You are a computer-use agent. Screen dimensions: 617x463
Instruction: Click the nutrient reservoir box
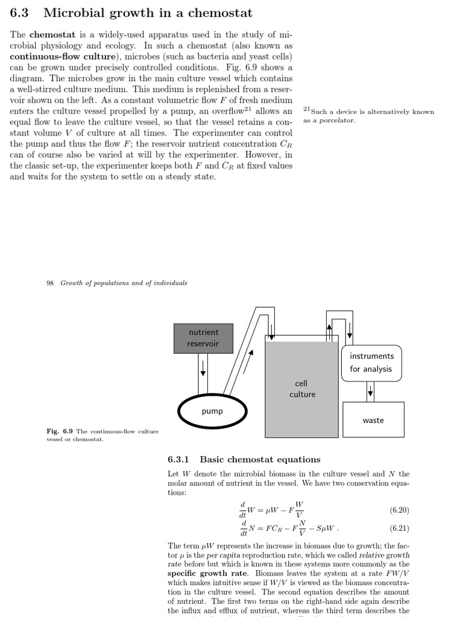[203, 338]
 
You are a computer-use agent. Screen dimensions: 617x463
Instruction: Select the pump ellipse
[212, 411]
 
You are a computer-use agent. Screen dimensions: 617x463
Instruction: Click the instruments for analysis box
[371, 362]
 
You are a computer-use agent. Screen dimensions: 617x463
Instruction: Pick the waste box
[373, 420]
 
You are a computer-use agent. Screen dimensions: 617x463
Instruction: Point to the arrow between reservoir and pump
[203, 367]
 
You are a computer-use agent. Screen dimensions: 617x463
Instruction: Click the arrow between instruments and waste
[370, 392]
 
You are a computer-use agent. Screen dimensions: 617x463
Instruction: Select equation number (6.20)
[399, 510]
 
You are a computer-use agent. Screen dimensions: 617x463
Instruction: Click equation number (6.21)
[399, 529]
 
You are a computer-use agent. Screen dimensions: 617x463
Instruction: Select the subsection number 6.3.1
[178, 460]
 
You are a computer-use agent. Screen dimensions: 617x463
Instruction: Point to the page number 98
[51, 283]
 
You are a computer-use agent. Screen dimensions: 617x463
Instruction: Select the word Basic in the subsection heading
[213, 460]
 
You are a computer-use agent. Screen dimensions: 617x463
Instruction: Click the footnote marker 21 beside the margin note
[306, 109]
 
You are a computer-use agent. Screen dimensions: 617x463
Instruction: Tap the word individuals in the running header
[169, 283]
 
